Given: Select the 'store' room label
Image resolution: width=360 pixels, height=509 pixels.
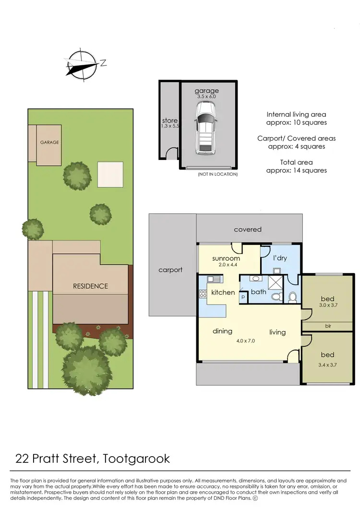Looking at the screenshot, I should pyautogui.click(x=169, y=121).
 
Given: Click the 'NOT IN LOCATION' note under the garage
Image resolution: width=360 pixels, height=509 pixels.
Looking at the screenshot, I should pyautogui.click(x=217, y=174).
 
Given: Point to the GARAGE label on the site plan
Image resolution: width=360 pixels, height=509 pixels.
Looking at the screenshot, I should pyautogui.click(x=49, y=142).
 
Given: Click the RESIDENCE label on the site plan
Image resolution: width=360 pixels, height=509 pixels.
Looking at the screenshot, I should pyautogui.click(x=90, y=286).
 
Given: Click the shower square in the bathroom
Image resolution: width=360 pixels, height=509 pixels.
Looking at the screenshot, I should pyautogui.click(x=276, y=281).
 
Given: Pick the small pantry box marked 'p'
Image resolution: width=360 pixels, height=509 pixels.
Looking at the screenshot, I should pyautogui.click(x=243, y=297).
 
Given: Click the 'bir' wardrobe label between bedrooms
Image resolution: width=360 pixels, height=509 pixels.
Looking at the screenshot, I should pyautogui.click(x=328, y=326).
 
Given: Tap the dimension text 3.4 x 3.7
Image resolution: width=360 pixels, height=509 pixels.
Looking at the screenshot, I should pyautogui.click(x=327, y=365).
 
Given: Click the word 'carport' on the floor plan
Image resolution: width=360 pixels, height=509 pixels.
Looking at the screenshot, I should pyautogui.click(x=170, y=270).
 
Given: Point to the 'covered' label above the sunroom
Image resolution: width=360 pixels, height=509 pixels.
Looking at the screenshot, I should pyautogui.click(x=248, y=230).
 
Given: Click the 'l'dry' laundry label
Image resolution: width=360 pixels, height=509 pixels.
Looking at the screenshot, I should pyautogui.click(x=279, y=258).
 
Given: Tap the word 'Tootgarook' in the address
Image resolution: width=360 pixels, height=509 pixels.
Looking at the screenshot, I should pyautogui.click(x=136, y=458).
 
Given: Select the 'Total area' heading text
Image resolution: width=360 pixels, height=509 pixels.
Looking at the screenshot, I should pyautogui.click(x=296, y=162).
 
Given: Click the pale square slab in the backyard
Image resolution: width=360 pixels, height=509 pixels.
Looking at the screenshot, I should pyautogui.click(x=110, y=174).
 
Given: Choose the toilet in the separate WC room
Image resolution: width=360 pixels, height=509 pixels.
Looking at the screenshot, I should pyautogui.click(x=292, y=297).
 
